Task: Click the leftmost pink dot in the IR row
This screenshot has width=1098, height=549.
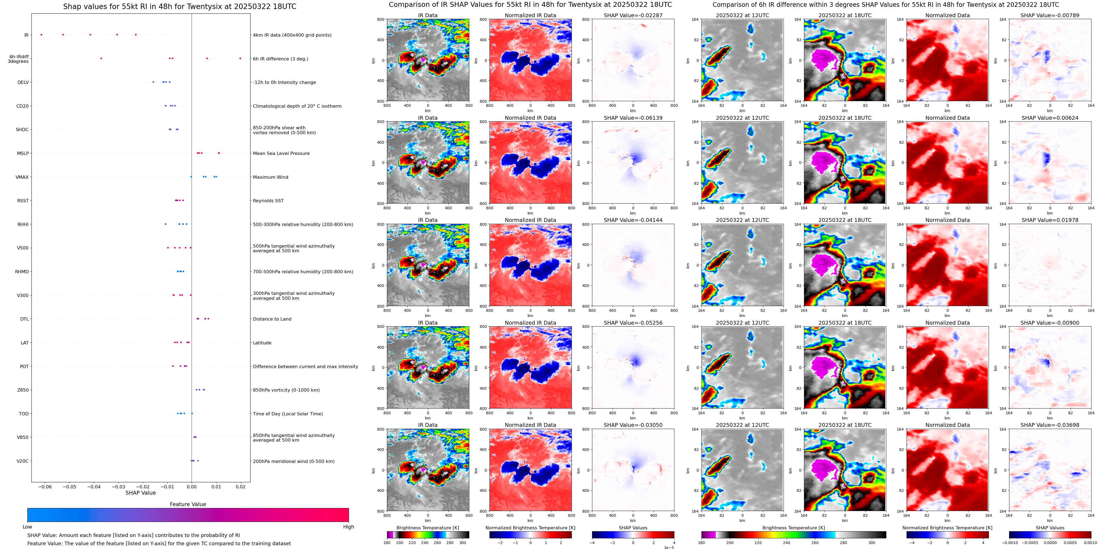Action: click(41, 34)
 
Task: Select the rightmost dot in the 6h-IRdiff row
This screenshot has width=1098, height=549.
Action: click(240, 58)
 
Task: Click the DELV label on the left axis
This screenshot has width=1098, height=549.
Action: click(23, 82)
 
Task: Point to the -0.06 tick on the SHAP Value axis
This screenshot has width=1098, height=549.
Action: click(45, 486)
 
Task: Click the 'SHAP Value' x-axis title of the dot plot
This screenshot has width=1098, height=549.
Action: click(141, 493)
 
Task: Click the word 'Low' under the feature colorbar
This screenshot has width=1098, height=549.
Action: click(27, 527)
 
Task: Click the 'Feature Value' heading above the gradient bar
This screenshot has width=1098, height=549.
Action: click(188, 504)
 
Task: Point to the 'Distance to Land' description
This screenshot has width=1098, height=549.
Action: click(272, 319)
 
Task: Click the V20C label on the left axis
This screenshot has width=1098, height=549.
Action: click(23, 461)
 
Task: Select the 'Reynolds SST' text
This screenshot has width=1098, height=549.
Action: click(268, 201)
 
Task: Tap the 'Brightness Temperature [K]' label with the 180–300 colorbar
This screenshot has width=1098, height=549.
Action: click(427, 528)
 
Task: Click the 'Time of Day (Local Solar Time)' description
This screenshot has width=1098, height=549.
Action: click(288, 413)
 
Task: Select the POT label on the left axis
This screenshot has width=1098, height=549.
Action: click(24, 366)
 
